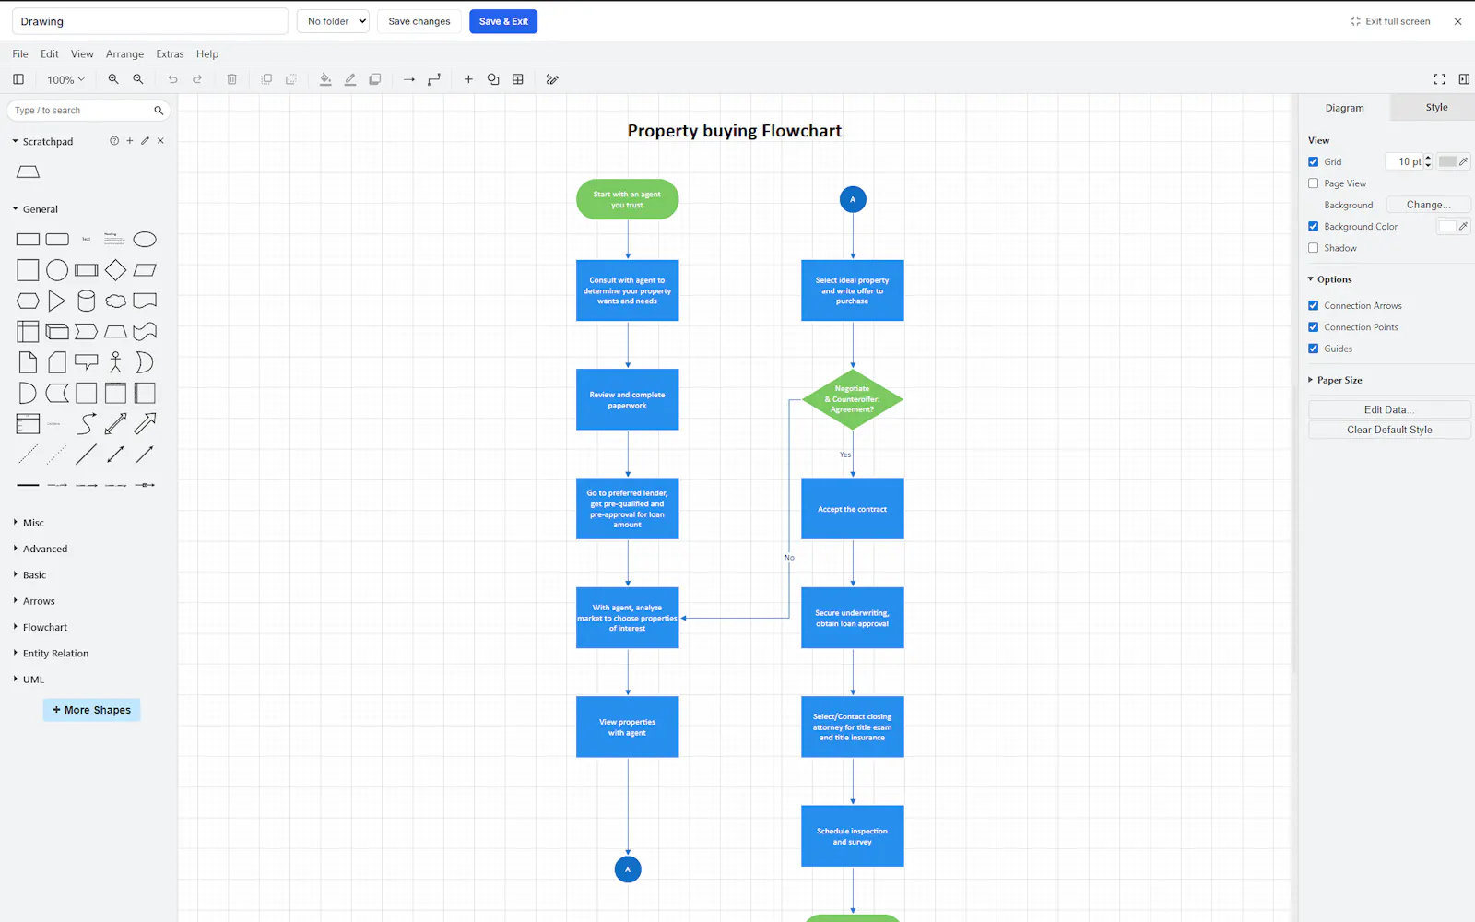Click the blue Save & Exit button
tap(503, 21)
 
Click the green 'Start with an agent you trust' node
tap(627, 199)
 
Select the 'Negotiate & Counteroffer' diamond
tap(852, 399)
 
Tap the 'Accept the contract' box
tap(852, 508)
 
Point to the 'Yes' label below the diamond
tap(845, 455)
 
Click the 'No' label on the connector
tap(789, 557)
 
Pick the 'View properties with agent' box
tap(627, 727)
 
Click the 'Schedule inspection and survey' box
tap(852, 835)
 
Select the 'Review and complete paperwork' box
tap(627, 399)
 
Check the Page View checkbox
tap(1313, 183)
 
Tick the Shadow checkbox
tap(1313, 248)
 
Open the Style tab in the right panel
tap(1436, 107)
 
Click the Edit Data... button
tap(1388, 409)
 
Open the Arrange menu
tap(124, 54)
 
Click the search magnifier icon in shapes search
tap(159, 110)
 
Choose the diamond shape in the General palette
tap(115, 270)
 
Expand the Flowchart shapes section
tap(45, 627)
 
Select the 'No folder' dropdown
tap(333, 21)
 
